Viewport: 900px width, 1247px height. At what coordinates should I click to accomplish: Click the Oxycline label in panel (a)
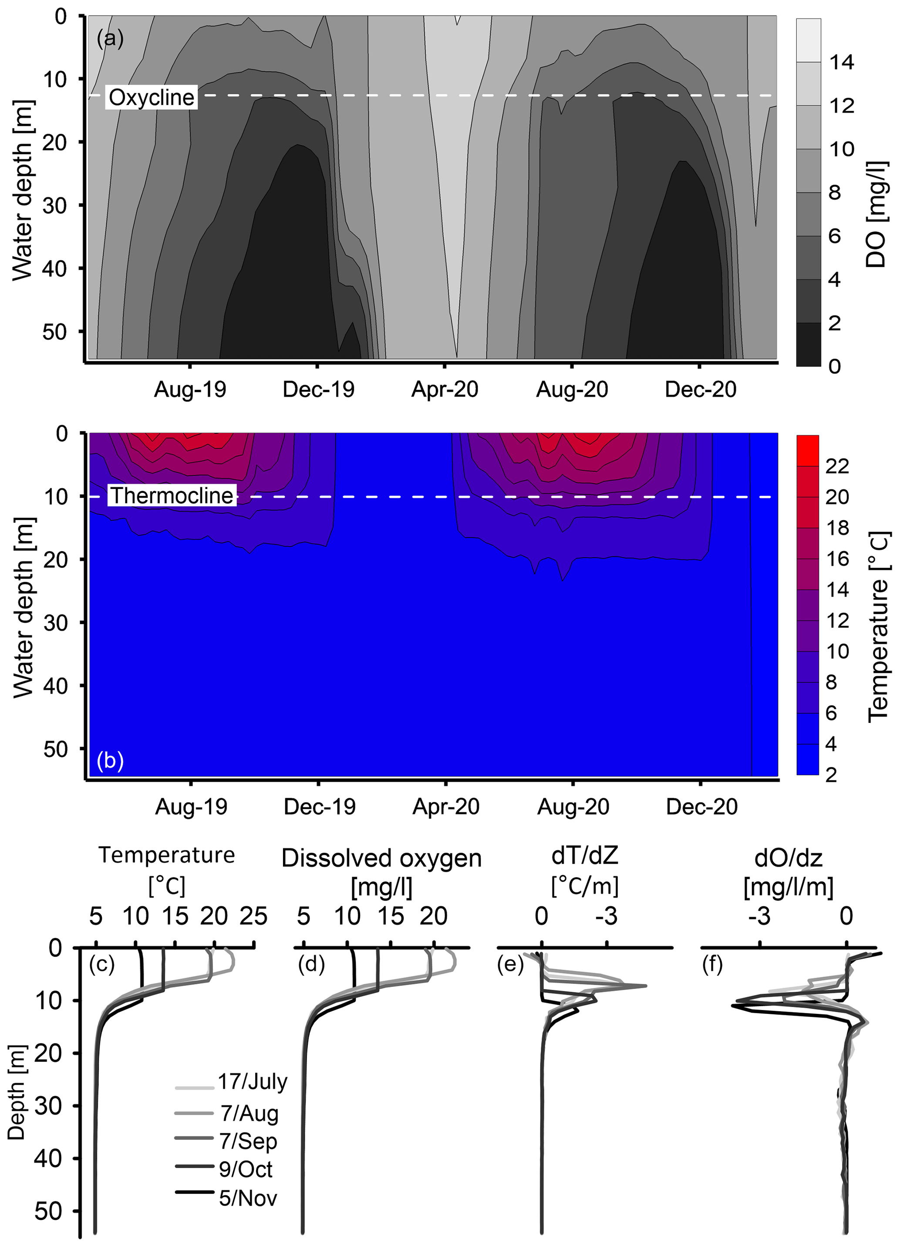click(151, 97)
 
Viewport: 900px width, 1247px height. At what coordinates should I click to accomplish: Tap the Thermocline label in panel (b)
click(172, 495)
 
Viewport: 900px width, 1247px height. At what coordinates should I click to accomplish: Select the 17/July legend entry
click(252, 1081)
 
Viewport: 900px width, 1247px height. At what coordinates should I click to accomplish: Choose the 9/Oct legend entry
click(245, 1169)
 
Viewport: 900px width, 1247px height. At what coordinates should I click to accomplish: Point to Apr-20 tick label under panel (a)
click(445, 389)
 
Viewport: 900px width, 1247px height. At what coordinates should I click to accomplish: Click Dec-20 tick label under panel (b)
click(701, 806)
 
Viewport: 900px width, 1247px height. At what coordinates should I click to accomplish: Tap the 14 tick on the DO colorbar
click(841, 62)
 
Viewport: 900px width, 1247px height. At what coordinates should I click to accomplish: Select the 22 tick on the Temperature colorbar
click(837, 466)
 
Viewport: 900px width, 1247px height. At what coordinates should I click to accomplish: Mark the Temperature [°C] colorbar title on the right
click(878, 627)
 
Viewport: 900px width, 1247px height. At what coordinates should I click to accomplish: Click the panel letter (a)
click(110, 38)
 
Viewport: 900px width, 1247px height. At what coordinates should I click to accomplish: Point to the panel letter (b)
click(110, 760)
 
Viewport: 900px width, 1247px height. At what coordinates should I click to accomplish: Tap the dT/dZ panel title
click(585, 855)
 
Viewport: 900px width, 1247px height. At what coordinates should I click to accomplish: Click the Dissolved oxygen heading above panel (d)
click(381, 858)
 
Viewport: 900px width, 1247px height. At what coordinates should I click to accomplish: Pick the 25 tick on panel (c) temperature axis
click(253, 917)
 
